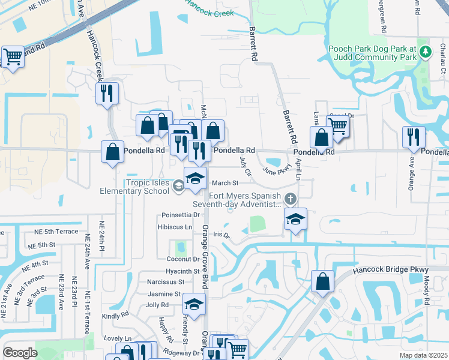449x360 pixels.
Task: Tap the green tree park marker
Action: coord(426,52)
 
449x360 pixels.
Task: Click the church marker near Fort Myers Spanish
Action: coord(291,198)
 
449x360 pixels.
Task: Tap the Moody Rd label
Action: coord(427,291)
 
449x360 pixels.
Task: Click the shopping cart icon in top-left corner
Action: coord(13,57)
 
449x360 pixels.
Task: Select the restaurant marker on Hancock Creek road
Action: coord(107,94)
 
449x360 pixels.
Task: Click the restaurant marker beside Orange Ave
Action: coord(414,137)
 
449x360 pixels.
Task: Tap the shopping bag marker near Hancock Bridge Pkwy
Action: coord(322,281)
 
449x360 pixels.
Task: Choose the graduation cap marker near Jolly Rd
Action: coord(194,305)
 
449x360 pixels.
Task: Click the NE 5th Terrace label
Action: coord(53,232)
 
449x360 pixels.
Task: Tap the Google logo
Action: coord(20,353)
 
